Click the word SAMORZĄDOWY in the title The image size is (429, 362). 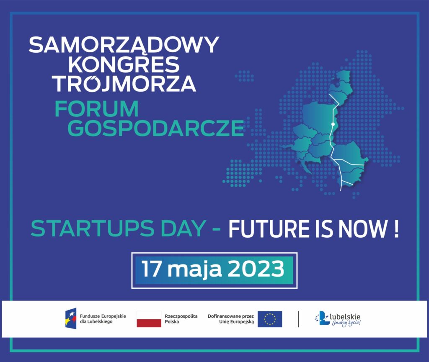(x=124, y=45)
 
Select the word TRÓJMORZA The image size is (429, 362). (x=124, y=83)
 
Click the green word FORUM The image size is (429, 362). (x=97, y=109)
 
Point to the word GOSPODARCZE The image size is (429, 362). (x=155, y=128)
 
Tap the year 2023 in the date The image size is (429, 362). (x=256, y=269)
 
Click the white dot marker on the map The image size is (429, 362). (x=333, y=124)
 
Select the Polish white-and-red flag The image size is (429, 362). (x=149, y=319)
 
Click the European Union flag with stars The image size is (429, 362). (x=270, y=319)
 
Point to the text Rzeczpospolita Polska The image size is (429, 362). (x=181, y=319)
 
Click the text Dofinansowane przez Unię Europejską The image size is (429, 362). (x=231, y=319)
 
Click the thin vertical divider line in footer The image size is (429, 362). (x=298, y=319)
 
